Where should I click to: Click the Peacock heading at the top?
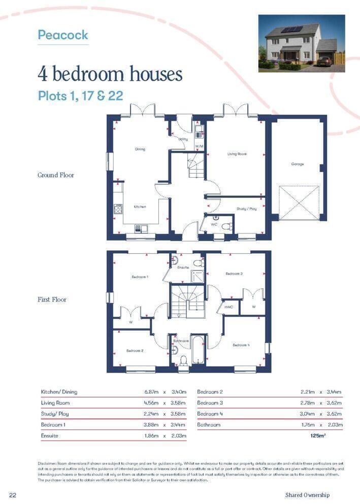click(x=63, y=35)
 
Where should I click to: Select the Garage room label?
click(x=297, y=164)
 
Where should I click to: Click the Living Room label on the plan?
click(x=237, y=154)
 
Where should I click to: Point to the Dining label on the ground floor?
click(x=140, y=149)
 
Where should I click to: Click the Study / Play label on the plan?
click(x=246, y=209)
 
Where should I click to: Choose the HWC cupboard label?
click(x=228, y=307)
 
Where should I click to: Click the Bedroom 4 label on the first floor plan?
click(x=241, y=345)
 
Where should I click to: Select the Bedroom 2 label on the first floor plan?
click(x=135, y=351)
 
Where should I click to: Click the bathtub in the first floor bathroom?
click(x=197, y=350)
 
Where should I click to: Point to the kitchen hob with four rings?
click(x=118, y=209)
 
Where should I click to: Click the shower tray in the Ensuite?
click(x=198, y=276)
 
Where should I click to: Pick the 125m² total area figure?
click(x=318, y=435)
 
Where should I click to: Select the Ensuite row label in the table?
click(x=49, y=435)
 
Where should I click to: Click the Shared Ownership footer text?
click(x=307, y=495)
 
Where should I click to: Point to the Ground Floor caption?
click(x=56, y=175)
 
